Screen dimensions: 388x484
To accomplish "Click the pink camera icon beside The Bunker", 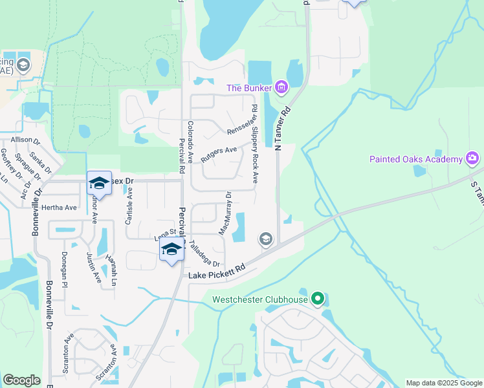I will (281, 87).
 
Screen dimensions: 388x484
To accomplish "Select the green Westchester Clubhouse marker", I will (317, 299).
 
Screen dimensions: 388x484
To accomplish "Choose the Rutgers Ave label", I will (219, 153).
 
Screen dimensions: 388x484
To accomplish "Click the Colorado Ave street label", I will (190, 142).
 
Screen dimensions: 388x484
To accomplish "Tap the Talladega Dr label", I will (205, 253).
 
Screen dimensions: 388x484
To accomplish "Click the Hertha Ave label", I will (59, 208).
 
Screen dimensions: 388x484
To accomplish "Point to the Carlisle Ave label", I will (129, 206).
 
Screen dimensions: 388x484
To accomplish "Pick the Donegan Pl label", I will (65, 270).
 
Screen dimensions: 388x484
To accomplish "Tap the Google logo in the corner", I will (21, 380).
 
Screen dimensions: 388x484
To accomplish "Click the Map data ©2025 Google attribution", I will (443, 383).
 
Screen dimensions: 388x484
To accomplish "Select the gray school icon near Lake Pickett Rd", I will (265, 239).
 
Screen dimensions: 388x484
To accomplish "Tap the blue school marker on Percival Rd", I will (171, 250).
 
